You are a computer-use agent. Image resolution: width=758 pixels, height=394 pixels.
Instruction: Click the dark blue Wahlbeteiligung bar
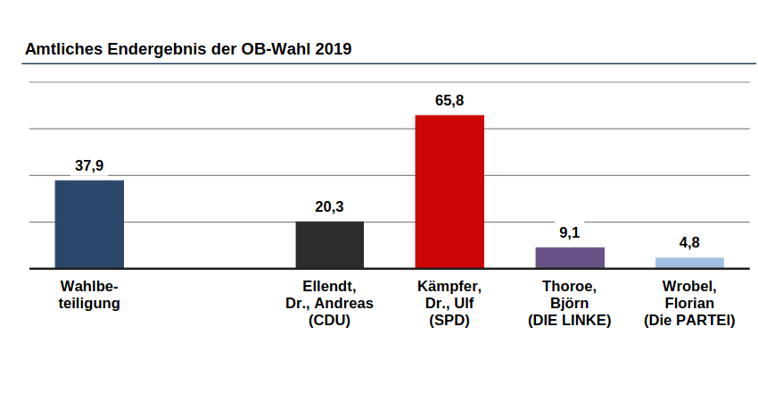89,223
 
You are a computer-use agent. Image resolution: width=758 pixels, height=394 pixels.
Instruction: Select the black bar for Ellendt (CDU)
329,244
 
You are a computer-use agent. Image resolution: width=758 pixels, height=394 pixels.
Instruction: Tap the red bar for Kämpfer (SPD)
449,191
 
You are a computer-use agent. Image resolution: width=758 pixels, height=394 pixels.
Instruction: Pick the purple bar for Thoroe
570,257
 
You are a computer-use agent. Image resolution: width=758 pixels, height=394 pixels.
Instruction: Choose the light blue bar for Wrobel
689,263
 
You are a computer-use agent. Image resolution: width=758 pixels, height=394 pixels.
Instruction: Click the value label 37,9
89,165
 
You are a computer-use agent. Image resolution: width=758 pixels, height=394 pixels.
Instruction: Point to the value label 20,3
329,206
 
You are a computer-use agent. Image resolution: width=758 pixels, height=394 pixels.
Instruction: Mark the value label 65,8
449,100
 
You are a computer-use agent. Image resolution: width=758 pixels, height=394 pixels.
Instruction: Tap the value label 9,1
570,232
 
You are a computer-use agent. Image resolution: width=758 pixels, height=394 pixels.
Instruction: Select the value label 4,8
689,242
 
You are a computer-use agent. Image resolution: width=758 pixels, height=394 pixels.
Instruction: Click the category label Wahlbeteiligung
89,295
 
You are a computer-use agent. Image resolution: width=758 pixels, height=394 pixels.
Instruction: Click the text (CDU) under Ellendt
329,320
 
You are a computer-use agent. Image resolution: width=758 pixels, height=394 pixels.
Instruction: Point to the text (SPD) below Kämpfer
449,320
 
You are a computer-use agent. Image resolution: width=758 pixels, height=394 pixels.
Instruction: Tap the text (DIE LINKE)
570,320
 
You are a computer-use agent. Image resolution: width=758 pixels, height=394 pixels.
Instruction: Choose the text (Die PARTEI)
689,320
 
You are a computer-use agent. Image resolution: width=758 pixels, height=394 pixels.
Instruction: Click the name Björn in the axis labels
570,303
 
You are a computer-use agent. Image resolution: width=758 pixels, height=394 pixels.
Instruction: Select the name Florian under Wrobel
689,303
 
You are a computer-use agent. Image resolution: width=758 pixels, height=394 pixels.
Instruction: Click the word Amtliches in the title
62,49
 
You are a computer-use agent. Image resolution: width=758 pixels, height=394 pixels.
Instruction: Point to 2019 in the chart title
334,49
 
